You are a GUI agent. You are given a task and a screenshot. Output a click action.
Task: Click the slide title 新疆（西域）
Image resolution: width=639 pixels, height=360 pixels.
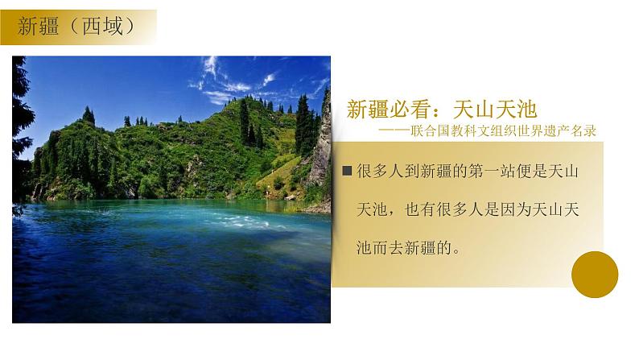(x=75, y=26)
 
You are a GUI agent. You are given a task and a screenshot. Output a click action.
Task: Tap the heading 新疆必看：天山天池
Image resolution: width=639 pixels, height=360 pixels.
(x=441, y=110)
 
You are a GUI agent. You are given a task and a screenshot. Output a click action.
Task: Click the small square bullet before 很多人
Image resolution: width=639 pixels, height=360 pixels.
(x=347, y=171)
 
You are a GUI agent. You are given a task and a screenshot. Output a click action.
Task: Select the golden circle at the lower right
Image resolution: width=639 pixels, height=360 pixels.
(x=594, y=274)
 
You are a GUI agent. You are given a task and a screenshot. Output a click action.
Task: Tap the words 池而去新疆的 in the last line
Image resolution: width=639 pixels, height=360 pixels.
(x=402, y=247)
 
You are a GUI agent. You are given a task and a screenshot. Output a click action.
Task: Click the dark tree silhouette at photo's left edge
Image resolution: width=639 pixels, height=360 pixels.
(x=20, y=121)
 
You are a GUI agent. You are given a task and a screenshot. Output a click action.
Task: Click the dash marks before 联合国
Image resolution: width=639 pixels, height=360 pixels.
(x=390, y=130)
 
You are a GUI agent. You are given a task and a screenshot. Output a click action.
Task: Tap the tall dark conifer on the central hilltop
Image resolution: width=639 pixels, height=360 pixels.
(x=243, y=121)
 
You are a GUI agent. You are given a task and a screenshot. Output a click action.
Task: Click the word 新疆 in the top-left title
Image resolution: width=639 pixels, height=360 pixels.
(x=39, y=26)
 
